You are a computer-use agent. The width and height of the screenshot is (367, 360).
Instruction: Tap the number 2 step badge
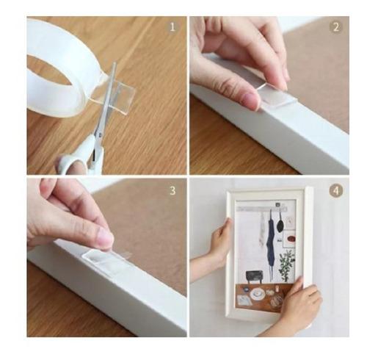[x=335, y=27]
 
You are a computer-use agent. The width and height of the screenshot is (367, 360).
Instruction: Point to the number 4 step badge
[x=335, y=190]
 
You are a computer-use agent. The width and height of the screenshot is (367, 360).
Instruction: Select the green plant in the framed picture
[x=286, y=263]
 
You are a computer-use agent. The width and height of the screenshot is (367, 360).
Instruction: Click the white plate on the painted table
[x=258, y=293]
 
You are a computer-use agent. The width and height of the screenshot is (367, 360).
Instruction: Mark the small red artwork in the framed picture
[x=290, y=238]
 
